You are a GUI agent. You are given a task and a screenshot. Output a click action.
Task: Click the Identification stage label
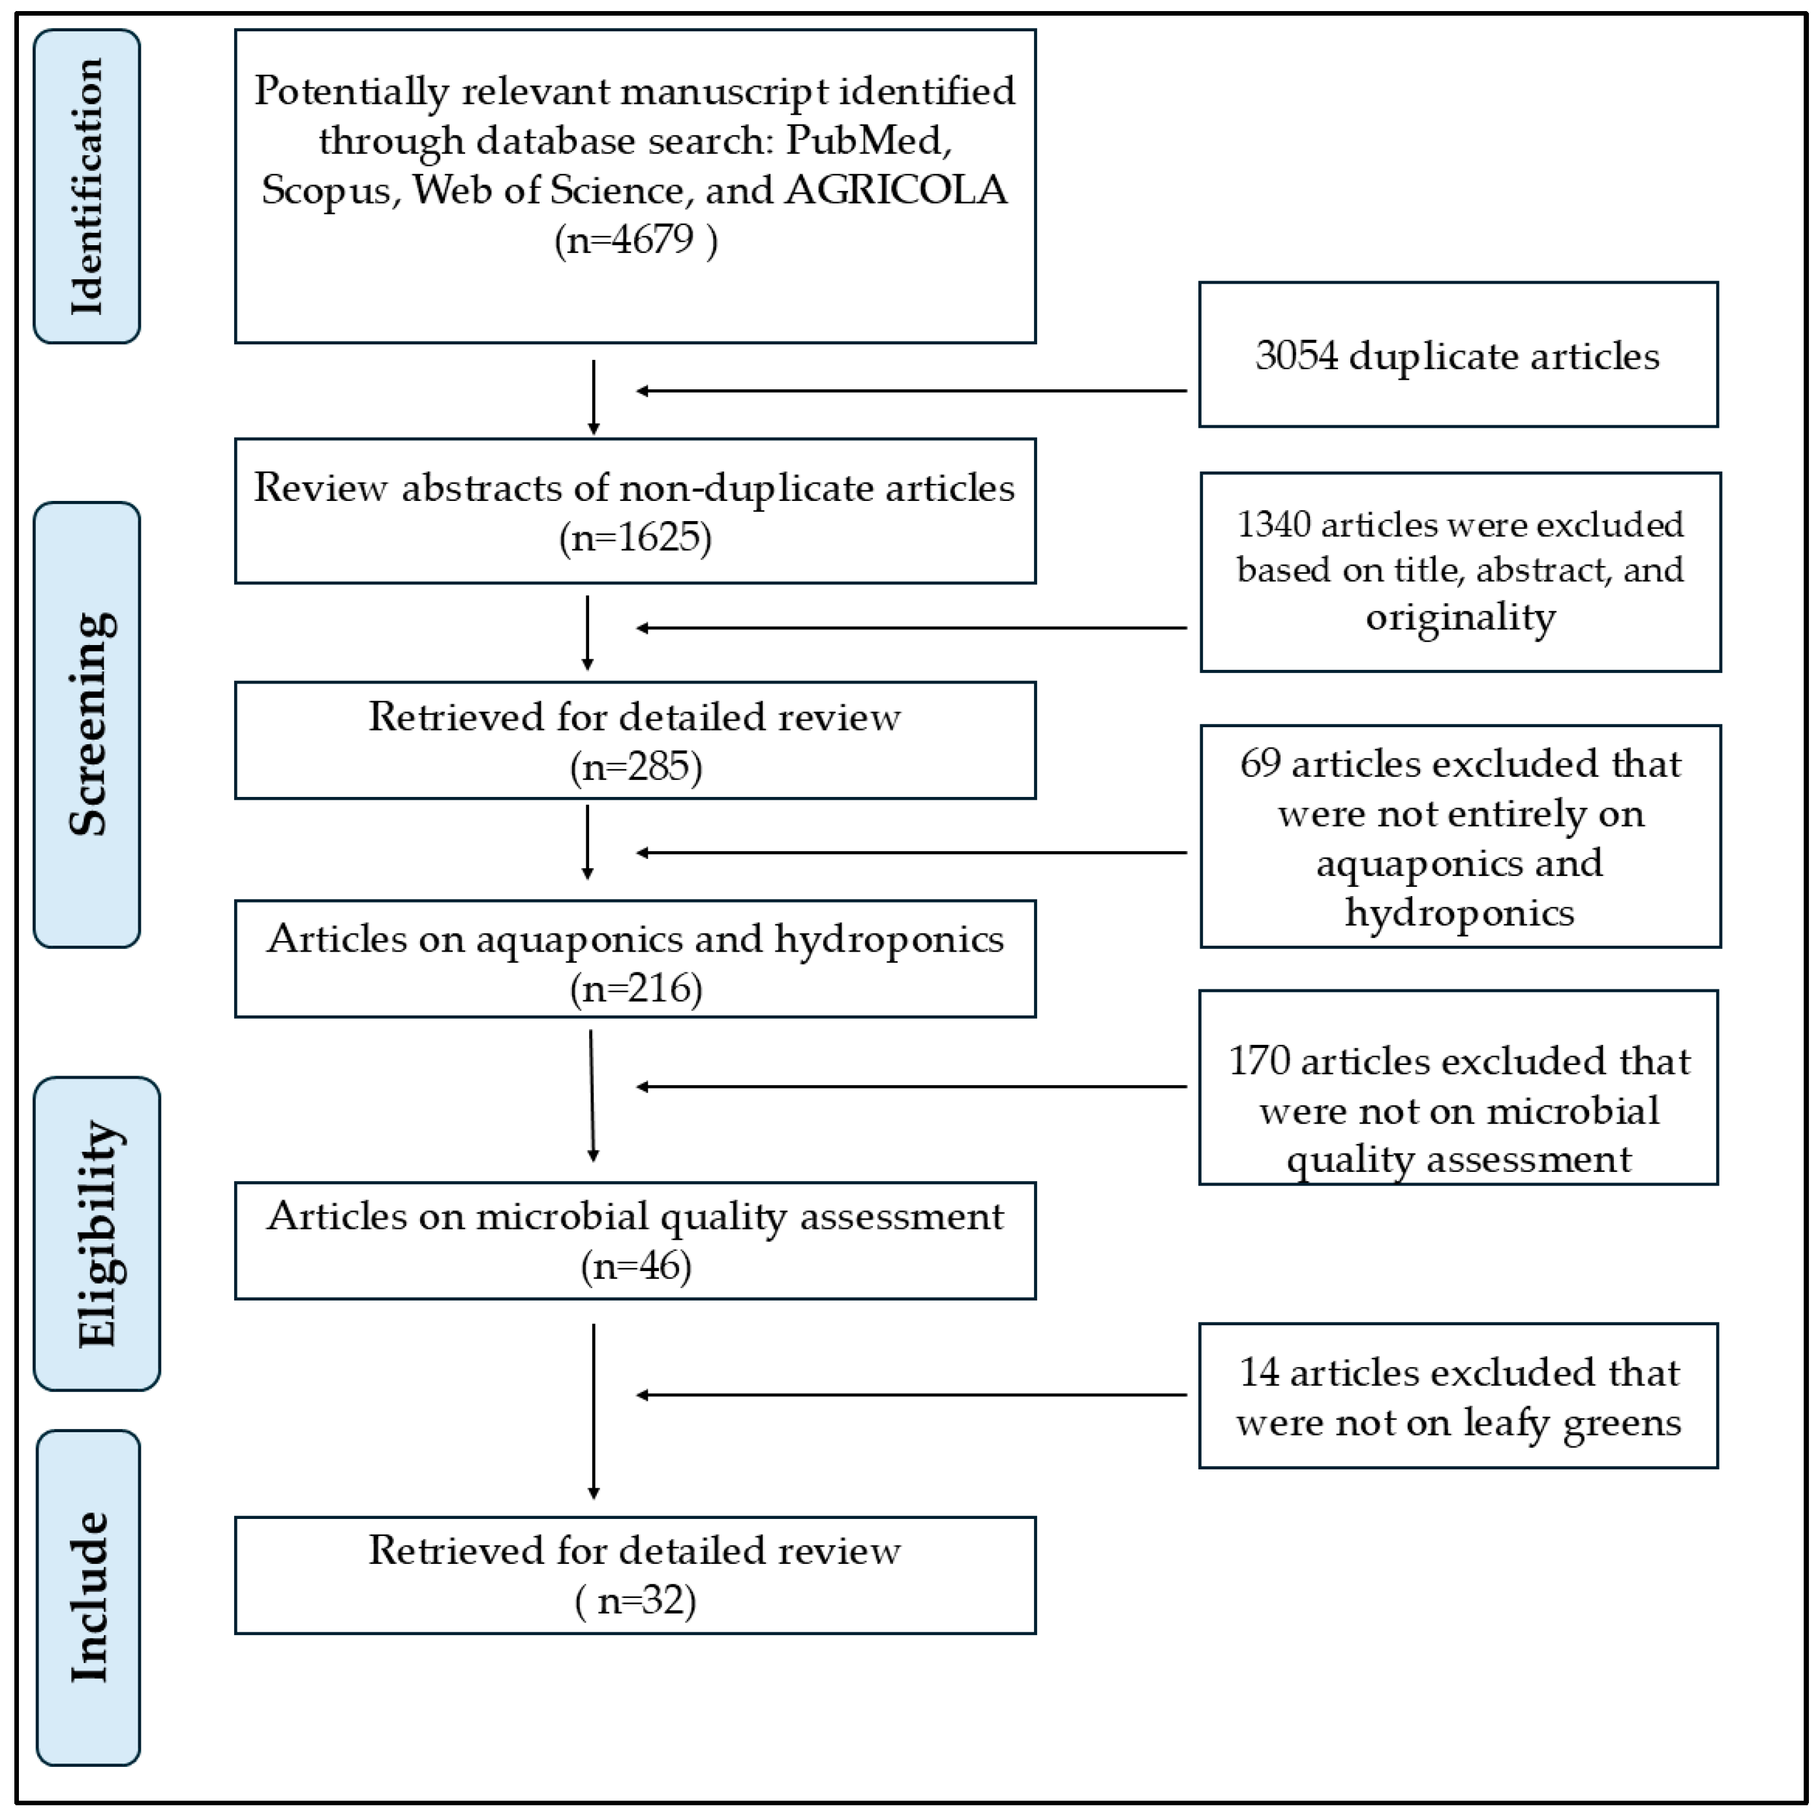(87, 187)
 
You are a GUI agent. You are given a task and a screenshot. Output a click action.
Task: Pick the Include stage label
(89, 1597)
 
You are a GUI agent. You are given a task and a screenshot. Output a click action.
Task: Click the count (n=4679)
(636, 239)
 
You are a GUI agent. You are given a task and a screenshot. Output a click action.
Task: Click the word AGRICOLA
(896, 190)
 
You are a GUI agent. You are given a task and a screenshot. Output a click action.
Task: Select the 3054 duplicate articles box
(1457, 355)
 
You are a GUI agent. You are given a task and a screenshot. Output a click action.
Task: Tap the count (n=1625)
(636, 538)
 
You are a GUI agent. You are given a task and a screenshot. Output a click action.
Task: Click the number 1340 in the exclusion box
(1273, 524)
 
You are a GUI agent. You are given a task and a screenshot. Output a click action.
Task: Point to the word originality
(1460, 618)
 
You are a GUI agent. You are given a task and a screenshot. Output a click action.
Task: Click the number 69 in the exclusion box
(1260, 764)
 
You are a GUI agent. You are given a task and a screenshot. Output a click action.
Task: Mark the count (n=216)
(636, 988)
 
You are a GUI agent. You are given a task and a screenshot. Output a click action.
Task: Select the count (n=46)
(636, 1266)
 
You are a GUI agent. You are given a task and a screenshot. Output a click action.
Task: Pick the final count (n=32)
(636, 1600)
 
